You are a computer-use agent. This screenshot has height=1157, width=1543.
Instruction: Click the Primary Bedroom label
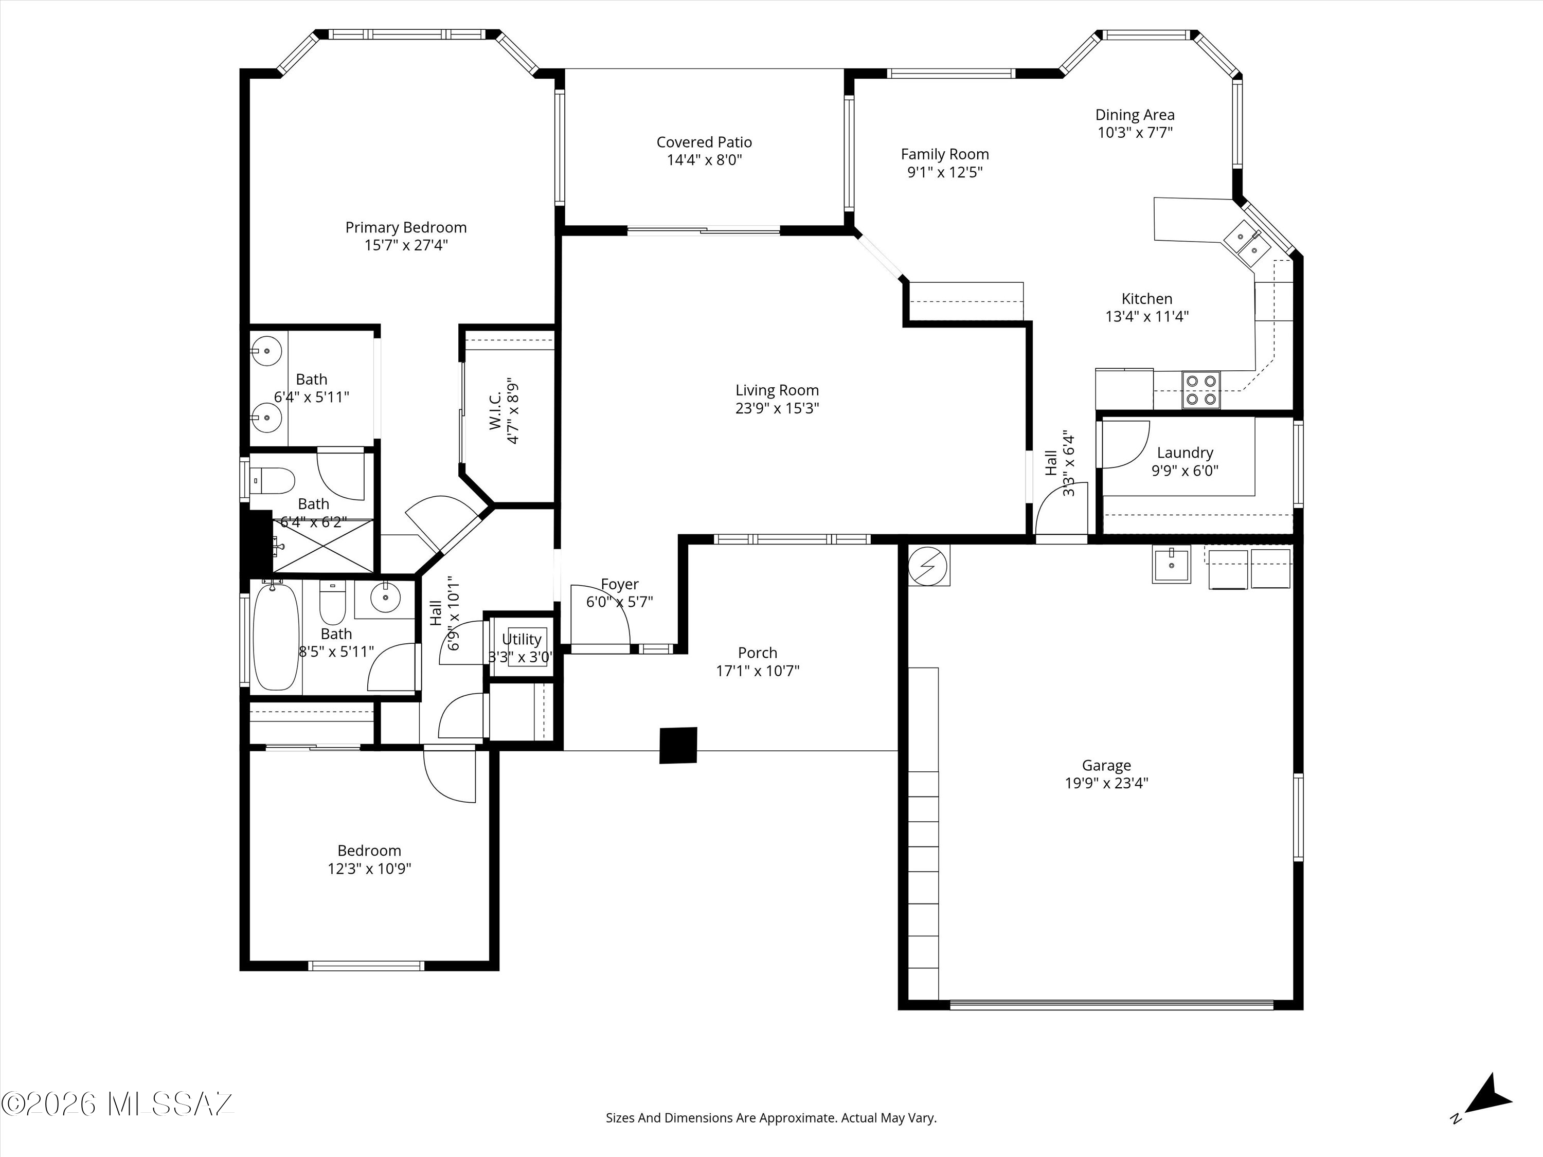click(x=405, y=227)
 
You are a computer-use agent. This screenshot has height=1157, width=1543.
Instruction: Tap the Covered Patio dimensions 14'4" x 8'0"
click(x=705, y=160)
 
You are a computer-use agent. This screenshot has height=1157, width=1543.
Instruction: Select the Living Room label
click(x=777, y=390)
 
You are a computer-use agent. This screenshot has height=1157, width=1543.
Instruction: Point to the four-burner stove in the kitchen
click(x=1201, y=390)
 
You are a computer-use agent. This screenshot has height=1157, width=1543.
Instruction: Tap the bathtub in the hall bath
click(x=276, y=638)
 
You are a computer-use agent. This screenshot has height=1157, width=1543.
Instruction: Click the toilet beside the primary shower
click(x=274, y=480)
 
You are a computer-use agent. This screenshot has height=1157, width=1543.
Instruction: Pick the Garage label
click(x=1106, y=766)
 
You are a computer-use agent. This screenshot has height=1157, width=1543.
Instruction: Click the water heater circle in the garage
click(x=928, y=566)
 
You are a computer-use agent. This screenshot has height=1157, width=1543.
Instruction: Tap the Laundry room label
click(x=1185, y=453)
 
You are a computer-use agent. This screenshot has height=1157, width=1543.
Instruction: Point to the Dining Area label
click(x=1135, y=115)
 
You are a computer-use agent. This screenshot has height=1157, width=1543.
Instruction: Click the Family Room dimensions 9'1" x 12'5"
click(x=945, y=172)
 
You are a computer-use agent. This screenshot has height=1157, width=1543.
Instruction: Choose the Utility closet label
click(x=522, y=640)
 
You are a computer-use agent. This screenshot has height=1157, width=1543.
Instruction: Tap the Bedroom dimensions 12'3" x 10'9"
click(x=370, y=869)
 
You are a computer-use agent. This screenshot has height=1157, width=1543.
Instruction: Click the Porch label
click(x=758, y=653)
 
